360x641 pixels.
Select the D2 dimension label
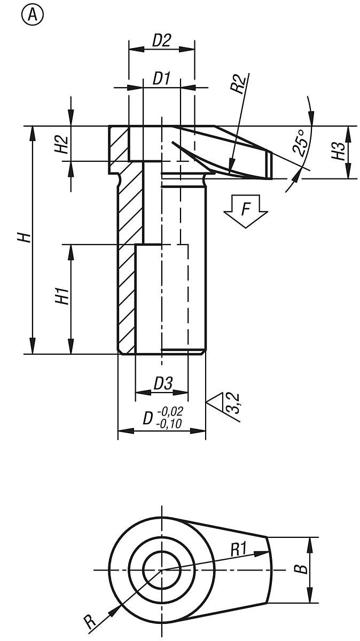click(161, 41)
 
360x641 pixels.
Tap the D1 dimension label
click(161, 79)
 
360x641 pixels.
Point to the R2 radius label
click(241, 85)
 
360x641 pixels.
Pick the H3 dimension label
click(338, 152)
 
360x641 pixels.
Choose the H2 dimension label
click(62, 144)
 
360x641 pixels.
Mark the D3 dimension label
click(163, 384)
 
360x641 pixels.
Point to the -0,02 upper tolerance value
click(171, 411)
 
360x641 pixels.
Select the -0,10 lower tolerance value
click(171, 424)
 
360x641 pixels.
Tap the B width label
click(302, 568)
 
